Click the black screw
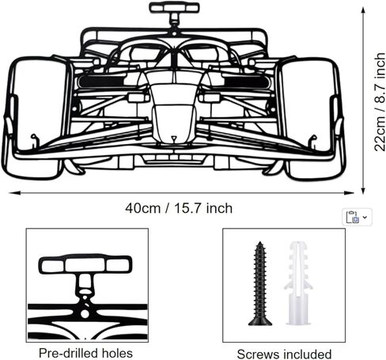pyautogui.click(x=260, y=283)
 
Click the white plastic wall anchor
pyautogui.click(x=298, y=282)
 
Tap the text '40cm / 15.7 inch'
pyautogui.click(x=179, y=208)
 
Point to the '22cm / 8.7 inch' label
pyautogui.click(x=380, y=102)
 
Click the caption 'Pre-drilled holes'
pyautogui.click(x=85, y=353)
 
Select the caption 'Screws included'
pyautogui.click(x=284, y=354)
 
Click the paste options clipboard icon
pyautogui.click(x=352, y=217)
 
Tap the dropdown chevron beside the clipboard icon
pyautogui.click(x=365, y=217)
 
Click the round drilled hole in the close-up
pyautogui.click(x=85, y=314)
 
